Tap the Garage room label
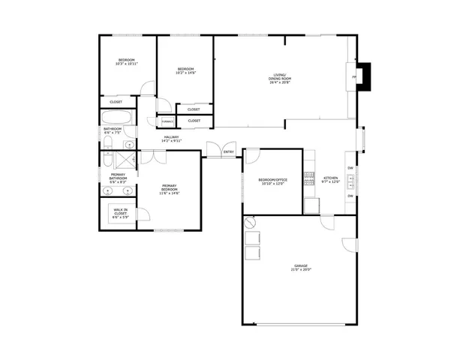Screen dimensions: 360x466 pos(301,268)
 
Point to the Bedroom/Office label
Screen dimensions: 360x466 pos(273,181)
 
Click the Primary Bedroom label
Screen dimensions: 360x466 pos(169,190)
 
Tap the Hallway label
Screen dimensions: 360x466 pos(173,139)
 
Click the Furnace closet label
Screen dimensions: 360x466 pos(166,121)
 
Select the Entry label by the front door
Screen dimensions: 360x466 pos(229,152)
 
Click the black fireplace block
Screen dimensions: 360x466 pos(363,76)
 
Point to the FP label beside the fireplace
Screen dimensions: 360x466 pos(353,76)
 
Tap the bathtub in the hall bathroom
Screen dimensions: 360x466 pos(119,118)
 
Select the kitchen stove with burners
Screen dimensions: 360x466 pos(308,178)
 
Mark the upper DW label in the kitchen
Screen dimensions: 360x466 pos(350,168)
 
